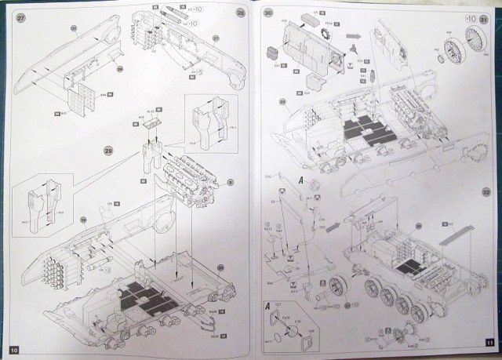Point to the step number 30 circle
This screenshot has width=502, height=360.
coord(269,14)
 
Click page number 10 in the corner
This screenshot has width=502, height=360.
coord(13,347)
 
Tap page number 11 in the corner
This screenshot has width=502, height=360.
coord(489,343)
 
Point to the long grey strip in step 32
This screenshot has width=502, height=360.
coord(457,236)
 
